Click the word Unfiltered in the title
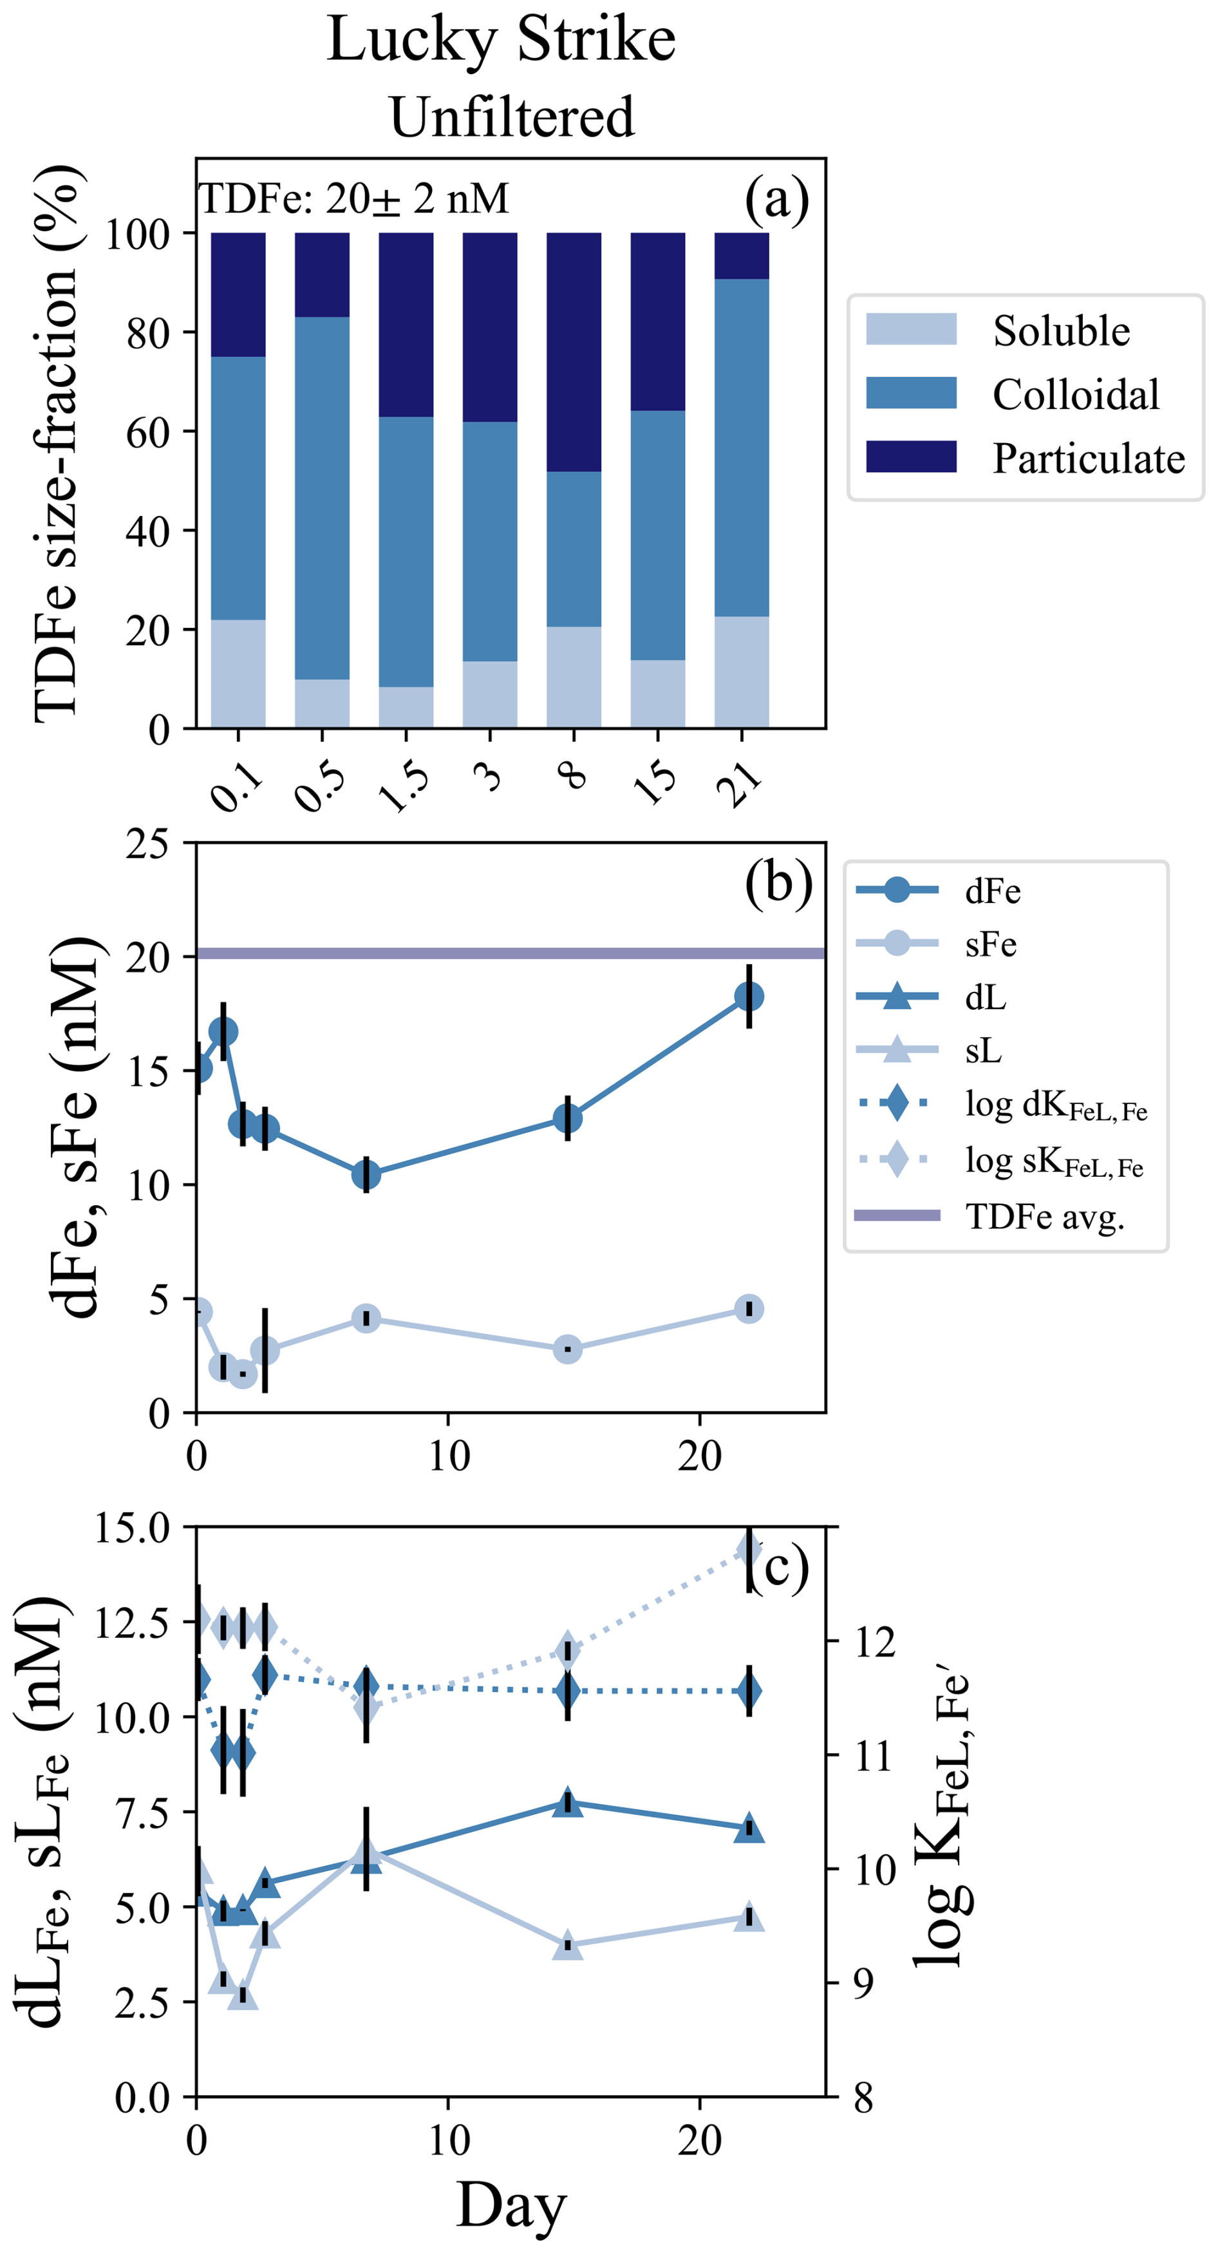pos(512,117)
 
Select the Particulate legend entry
pos(1088,459)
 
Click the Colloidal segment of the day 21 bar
pos(742,448)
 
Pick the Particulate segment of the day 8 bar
pos(574,352)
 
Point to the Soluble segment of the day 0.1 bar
pos(238,674)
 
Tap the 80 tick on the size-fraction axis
pos(147,333)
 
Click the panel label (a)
pos(776,200)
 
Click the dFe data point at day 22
pos(749,996)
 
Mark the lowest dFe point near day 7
pos(366,1175)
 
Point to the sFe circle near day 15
pos(567,1349)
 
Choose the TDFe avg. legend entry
pos(1044,1217)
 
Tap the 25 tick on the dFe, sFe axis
pos(147,845)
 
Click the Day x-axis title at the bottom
pos(512,2205)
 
